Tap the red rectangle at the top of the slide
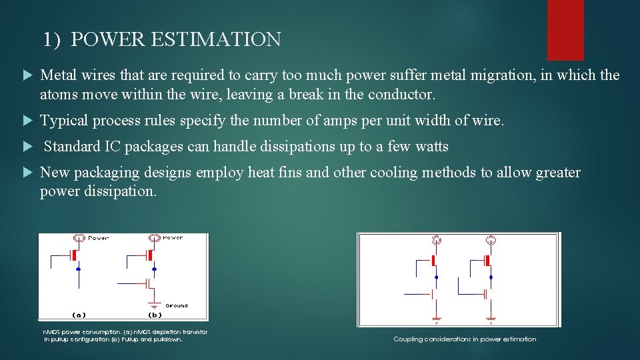565,29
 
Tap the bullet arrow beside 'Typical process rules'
27,121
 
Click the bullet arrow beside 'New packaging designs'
27,173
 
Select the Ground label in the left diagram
176,305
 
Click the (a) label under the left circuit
78,315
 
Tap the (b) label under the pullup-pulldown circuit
154,315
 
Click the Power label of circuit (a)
98,237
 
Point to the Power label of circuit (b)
173,237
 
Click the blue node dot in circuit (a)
79,269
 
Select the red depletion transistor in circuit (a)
76,255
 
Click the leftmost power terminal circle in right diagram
437,240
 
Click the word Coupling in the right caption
408,339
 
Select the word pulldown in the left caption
166,339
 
